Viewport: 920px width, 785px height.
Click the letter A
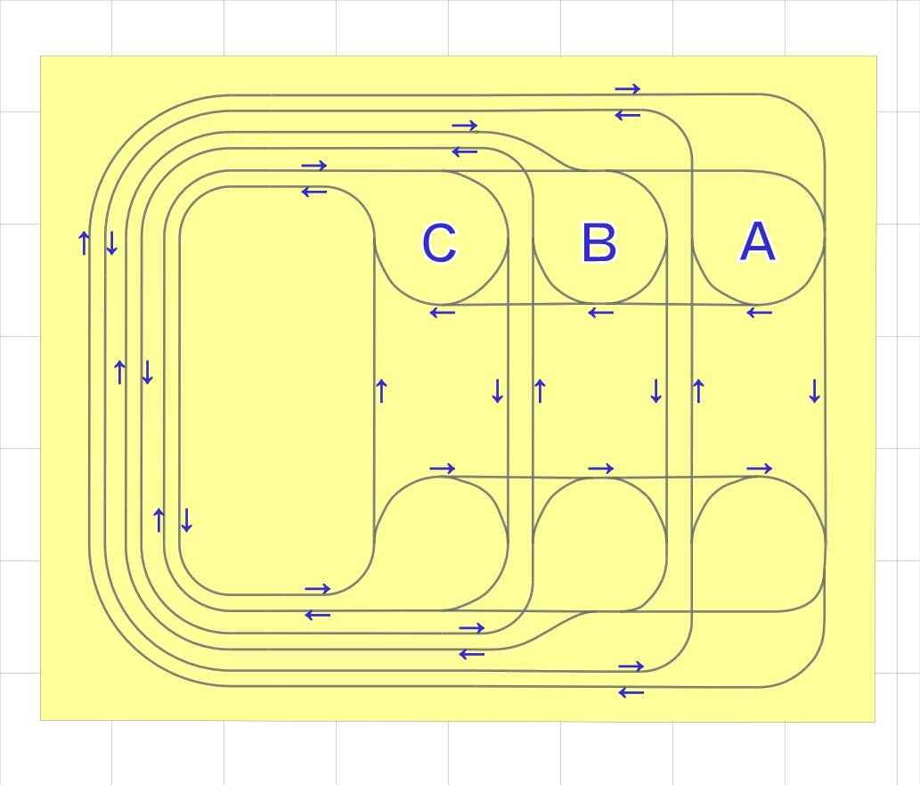(x=757, y=242)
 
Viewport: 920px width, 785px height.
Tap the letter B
(x=598, y=243)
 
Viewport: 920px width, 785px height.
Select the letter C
(x=439, y=243)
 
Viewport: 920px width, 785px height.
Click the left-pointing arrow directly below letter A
(x=759, y=313)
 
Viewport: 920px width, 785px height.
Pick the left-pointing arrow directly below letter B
(x=600, y=313)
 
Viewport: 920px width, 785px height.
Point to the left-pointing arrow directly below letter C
(x=442, y=313)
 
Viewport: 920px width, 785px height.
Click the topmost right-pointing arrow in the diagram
(x=627, y=89)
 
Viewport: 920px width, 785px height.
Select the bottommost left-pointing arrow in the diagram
(x=631, y=692)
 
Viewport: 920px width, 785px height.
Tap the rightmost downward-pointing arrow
(x=814, y=390)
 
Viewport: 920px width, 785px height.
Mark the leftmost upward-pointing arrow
(x=84, y=242)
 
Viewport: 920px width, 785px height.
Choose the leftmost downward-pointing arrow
(x=111, y=242)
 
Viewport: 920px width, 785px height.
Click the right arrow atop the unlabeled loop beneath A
(x=759, y=469)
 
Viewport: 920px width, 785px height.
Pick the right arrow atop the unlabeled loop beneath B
(x=600, y=469)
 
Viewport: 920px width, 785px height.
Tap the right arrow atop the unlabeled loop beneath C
(x=442, y=469)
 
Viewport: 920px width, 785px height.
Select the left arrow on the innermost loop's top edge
(x=313, y=192)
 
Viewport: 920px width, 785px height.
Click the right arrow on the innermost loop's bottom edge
(x=317, y=589)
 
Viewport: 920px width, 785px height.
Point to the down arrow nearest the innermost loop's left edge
(x=186, y=519)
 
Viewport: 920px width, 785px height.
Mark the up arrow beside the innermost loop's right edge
(x=381, y=390)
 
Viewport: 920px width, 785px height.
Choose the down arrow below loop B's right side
(x=655, y=390)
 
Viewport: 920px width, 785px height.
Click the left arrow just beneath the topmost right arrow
(x=627, y=116)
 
